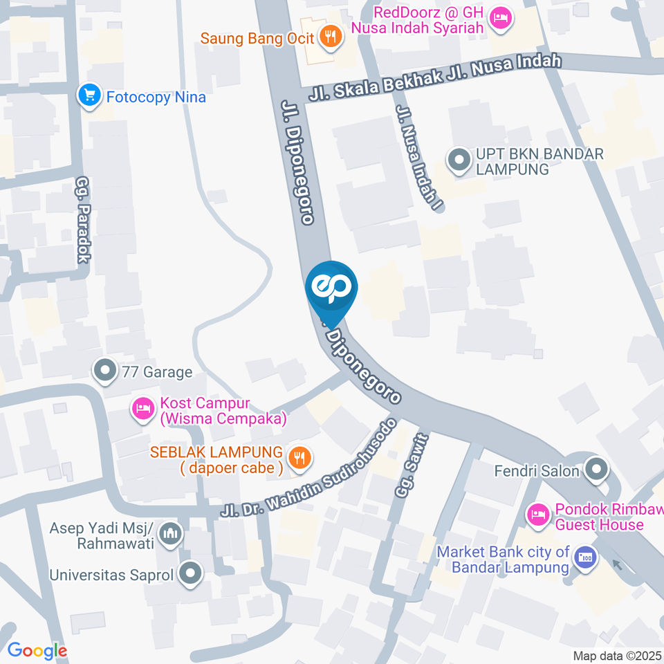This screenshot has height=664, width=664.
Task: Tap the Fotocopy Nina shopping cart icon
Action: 89,96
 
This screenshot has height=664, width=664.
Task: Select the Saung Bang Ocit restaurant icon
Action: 332,37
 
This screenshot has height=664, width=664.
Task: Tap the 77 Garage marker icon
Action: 105,372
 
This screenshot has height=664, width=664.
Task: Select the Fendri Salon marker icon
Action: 595,471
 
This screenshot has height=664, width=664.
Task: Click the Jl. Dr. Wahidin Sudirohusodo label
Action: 309,468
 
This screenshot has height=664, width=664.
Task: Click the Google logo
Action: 37,650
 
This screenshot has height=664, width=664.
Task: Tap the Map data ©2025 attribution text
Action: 617,655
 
